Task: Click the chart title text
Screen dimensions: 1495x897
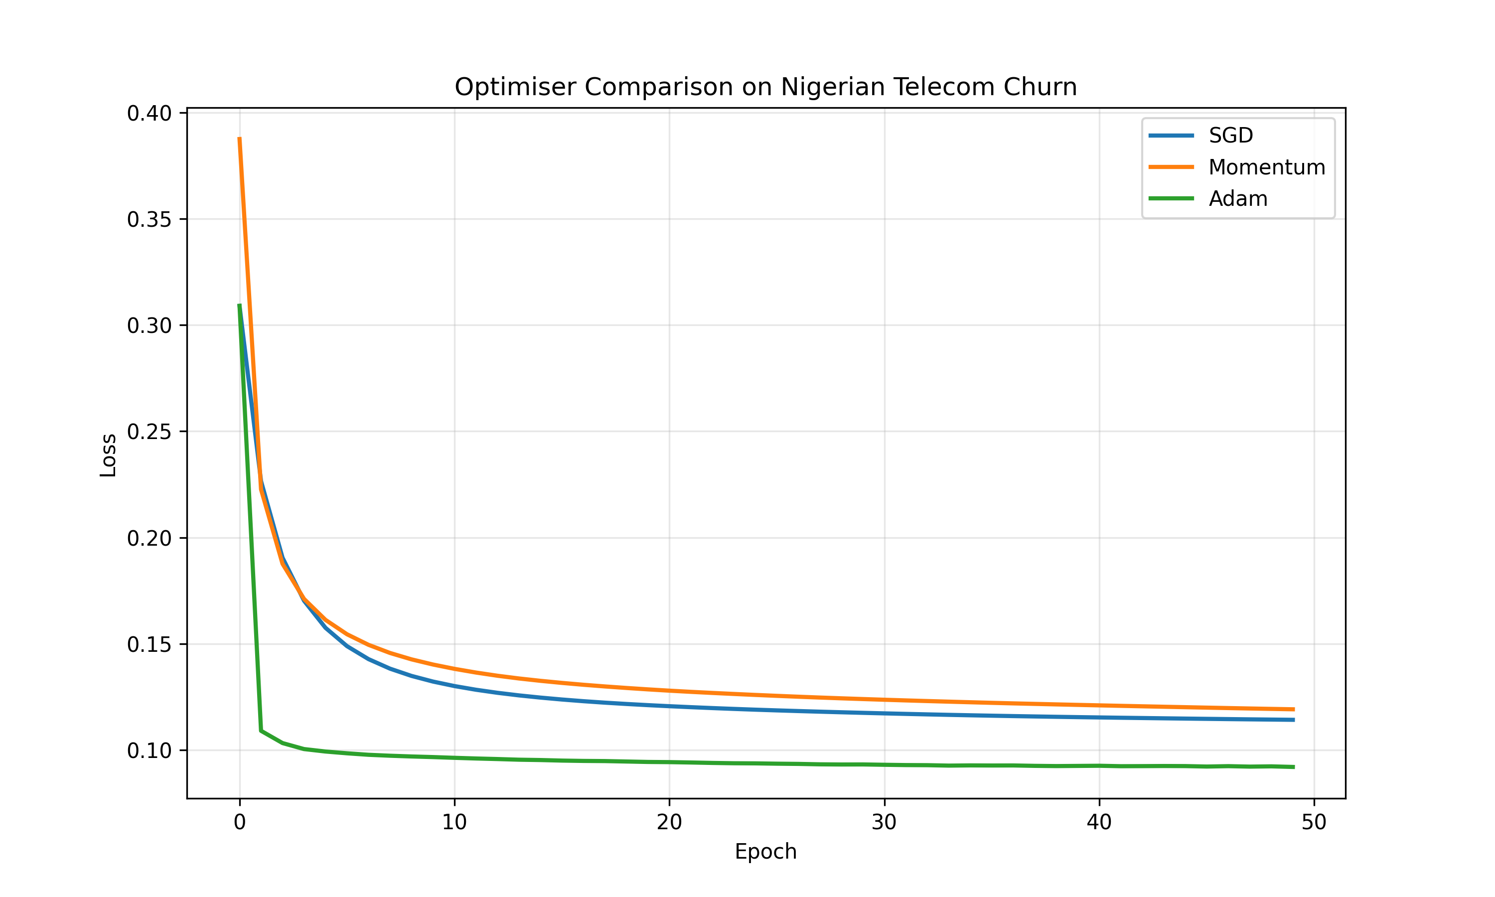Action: [765, 87]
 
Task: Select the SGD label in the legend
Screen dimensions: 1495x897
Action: [1230, 136]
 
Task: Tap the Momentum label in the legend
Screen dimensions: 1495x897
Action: [1267, 167]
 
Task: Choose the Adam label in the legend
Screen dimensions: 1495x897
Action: [1237, 199]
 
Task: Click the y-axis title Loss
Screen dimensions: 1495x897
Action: [108, 455]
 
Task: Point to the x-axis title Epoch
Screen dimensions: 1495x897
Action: [765, 852]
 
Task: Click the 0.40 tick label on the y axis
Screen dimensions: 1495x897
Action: [149, 113]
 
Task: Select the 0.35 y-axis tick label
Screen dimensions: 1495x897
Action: [149, 219]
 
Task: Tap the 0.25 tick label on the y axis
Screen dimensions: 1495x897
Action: [149, 432]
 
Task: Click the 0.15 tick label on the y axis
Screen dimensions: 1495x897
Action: [149, 644]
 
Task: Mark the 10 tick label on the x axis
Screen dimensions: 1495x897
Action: [454, 822]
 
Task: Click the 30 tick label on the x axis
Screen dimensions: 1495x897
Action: [884, 822]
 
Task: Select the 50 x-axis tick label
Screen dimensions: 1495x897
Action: [1314, 822]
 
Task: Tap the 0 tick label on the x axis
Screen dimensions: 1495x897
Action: [240, 822]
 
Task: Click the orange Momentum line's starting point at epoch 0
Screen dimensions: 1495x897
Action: [240, 139]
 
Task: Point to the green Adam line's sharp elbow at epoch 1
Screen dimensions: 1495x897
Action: [261, 731]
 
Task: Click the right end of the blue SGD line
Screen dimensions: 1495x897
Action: [1293, 720]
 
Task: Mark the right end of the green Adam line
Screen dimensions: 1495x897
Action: [1293, 767]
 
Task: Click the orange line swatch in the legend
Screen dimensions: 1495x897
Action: [1171, 167]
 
